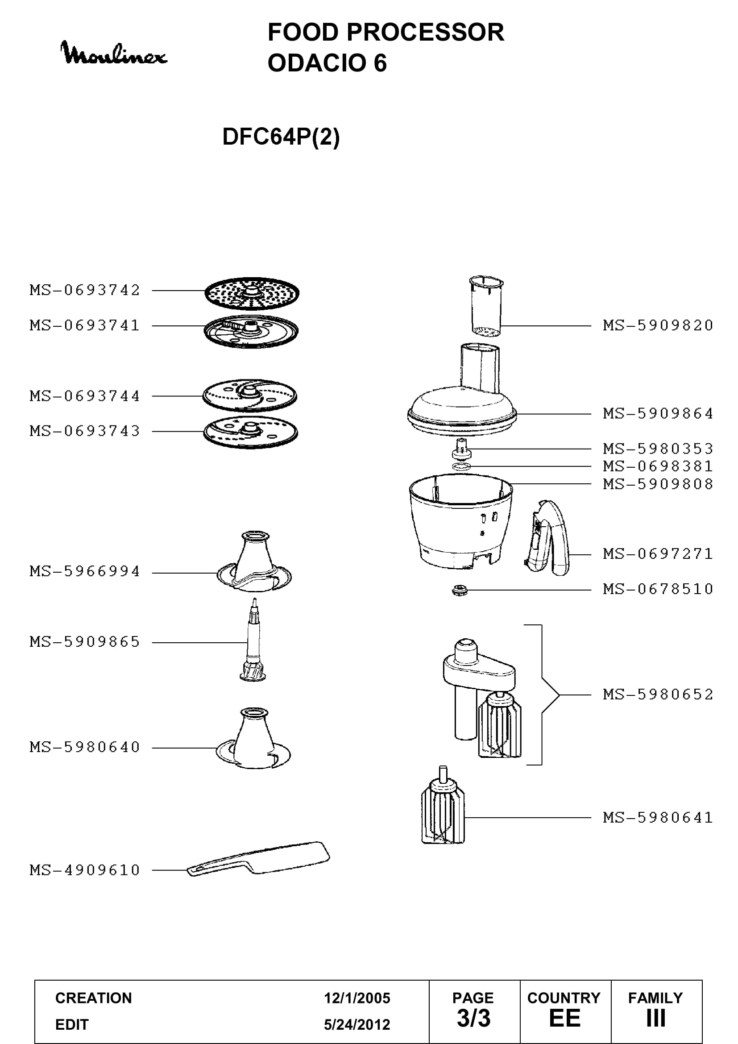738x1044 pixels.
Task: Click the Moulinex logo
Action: coord(114,53)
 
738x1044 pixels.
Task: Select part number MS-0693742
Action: coord(85,290)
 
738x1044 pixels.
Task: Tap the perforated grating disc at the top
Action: coord(252,293)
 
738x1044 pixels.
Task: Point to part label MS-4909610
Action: coord(85,870)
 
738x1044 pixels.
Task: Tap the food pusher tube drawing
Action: coord(486,306)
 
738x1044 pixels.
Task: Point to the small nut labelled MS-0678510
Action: coord(460,591)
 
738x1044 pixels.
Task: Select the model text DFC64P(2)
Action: coord(281,137)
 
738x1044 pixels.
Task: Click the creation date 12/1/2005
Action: coord(357,998)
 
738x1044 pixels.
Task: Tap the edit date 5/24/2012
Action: coord(357,1024)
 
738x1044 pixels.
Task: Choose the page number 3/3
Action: coord(473,1019)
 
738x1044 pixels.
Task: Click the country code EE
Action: coord(565,1019)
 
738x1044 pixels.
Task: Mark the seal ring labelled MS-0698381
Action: coord(461,466)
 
